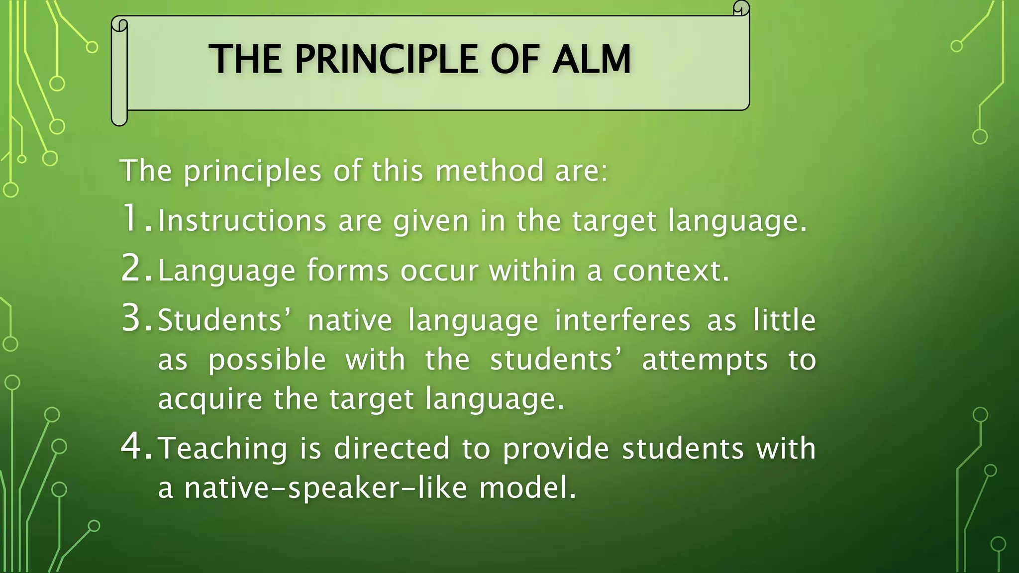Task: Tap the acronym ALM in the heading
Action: (591, 59)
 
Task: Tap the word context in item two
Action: (670, 271)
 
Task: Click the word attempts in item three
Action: (705, 360)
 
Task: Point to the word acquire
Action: (209, 399)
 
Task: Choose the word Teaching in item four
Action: (222, 448)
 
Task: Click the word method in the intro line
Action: (489, 171)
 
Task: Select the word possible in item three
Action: (267, 360)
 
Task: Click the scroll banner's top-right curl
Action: (741, 8)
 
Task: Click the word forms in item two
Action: (347, 271)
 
